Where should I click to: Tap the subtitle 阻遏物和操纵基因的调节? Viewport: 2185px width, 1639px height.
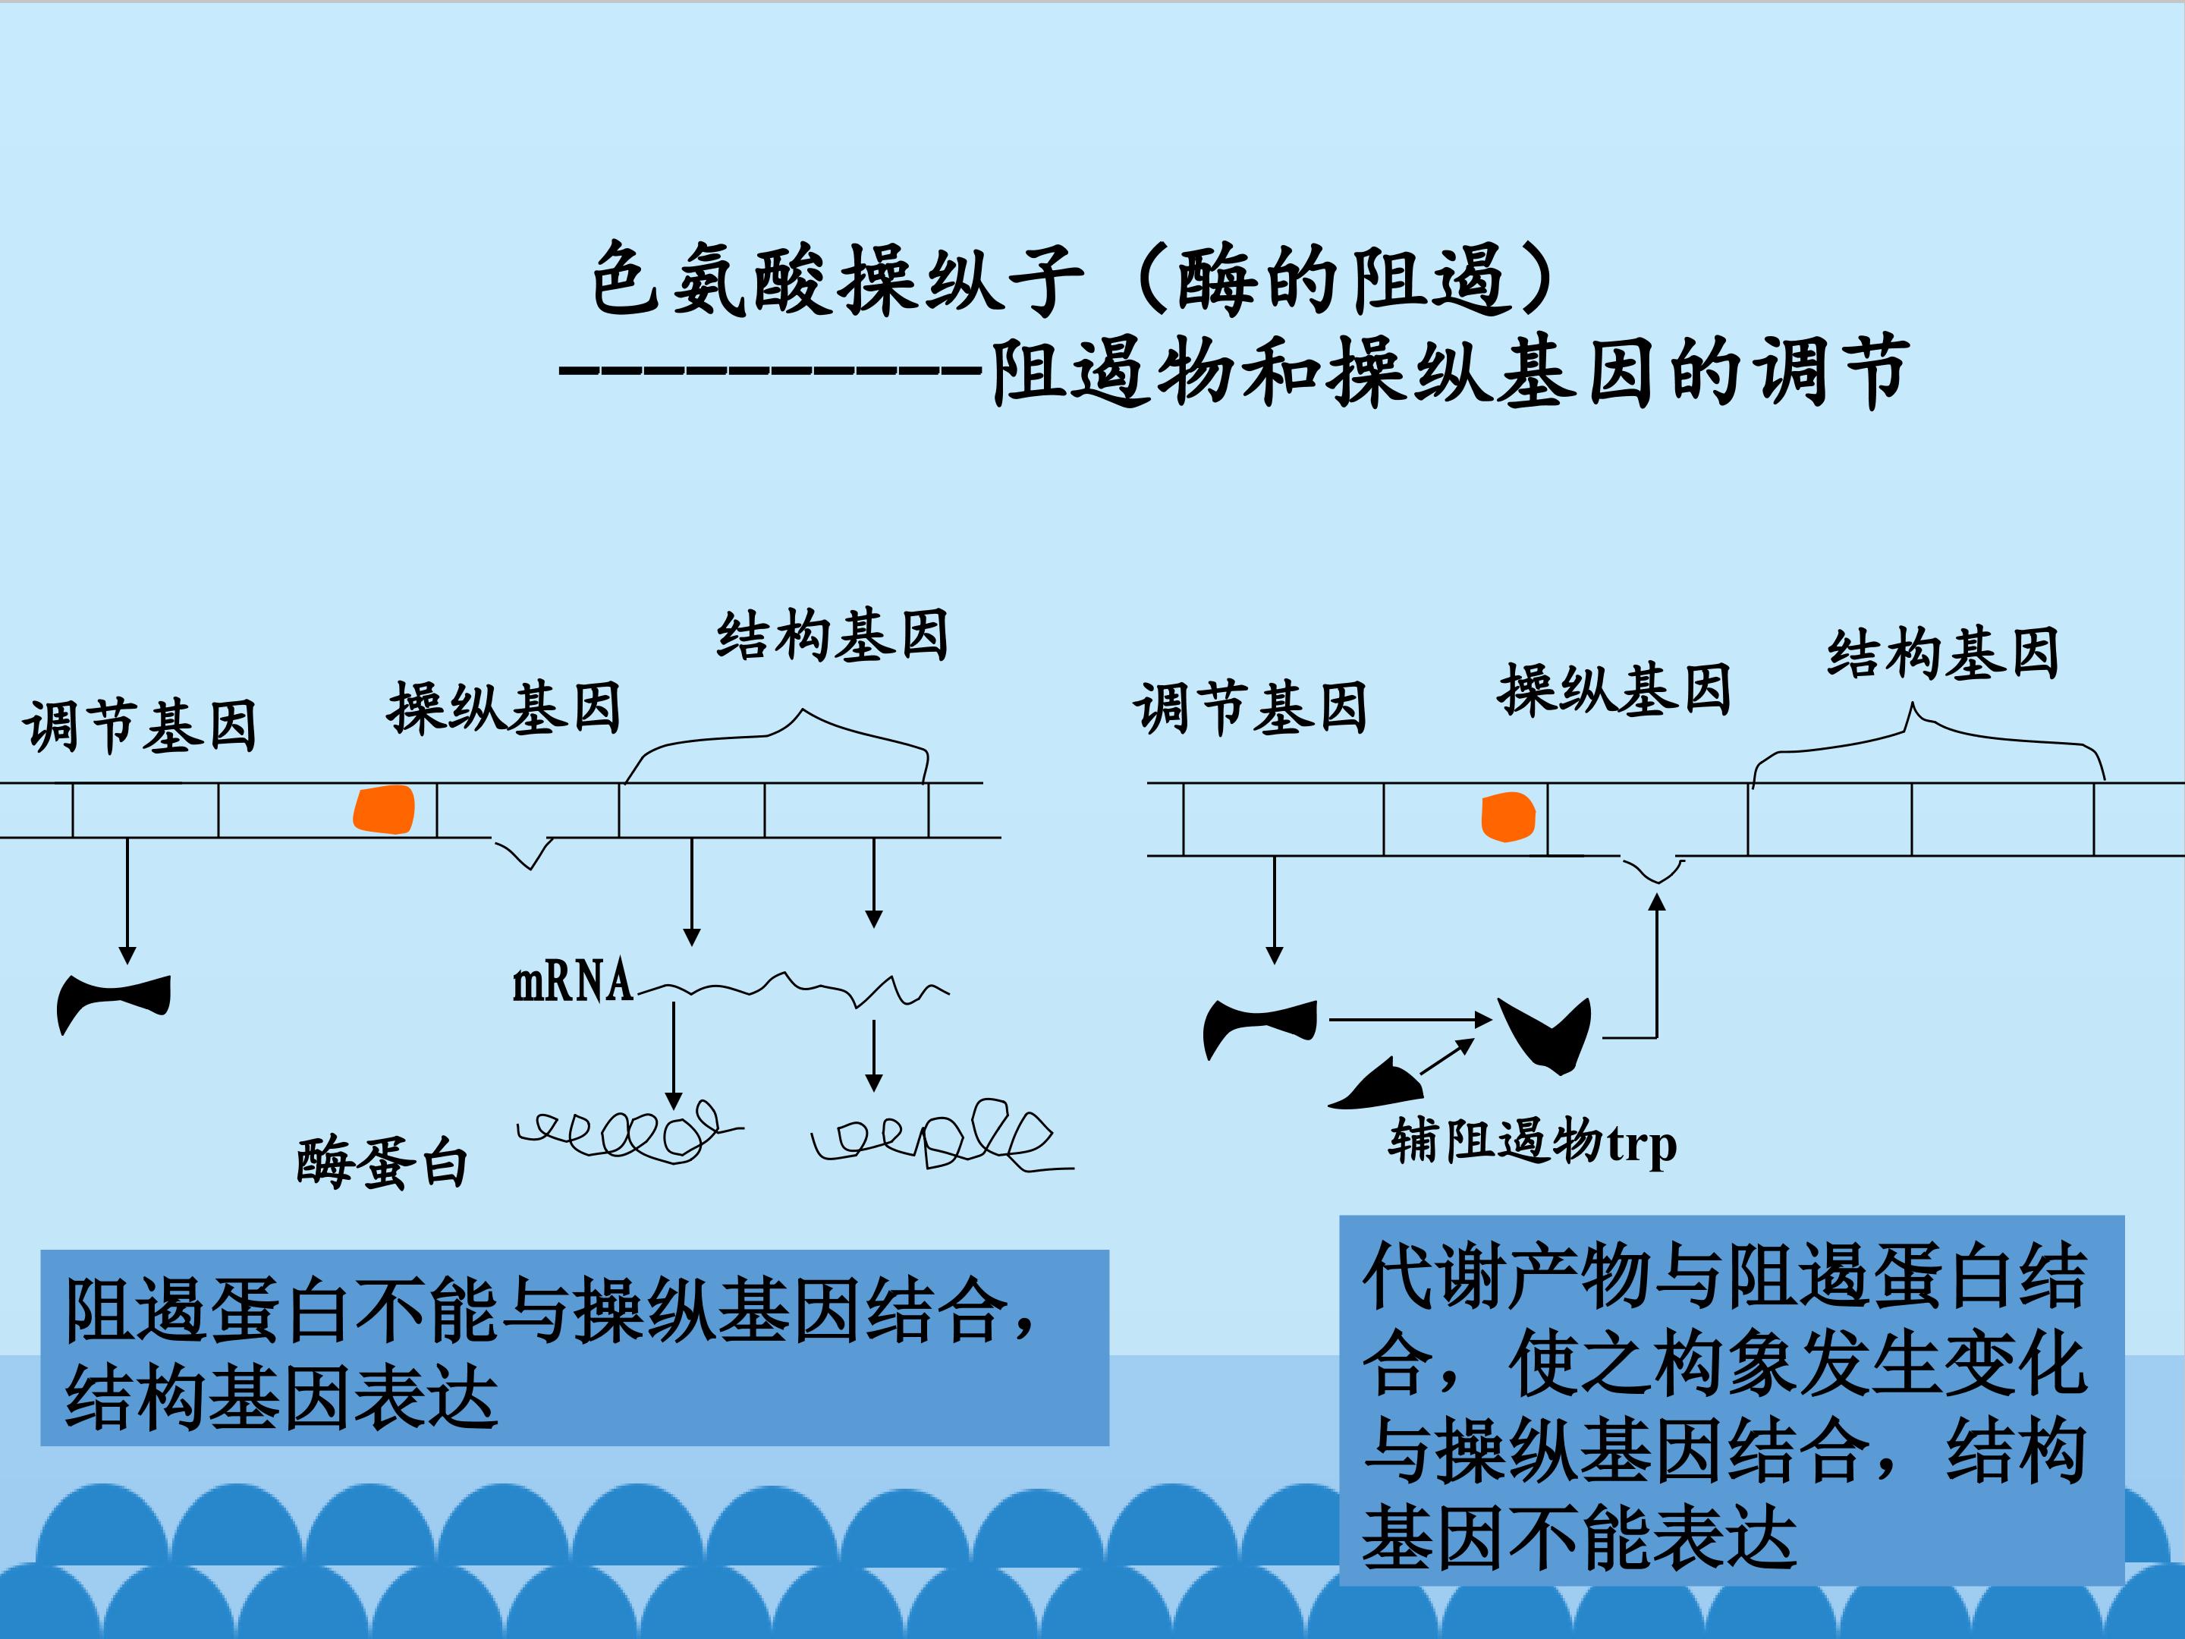1449,372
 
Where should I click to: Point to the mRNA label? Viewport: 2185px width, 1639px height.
573,982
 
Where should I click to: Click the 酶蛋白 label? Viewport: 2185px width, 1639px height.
382,1162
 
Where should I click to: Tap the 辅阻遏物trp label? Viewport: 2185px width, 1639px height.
1532,1143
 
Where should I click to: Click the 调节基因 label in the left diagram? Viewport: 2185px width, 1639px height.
140,726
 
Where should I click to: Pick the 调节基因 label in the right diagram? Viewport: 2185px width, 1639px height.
1250,709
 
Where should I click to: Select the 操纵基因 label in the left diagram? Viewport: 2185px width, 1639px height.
504,707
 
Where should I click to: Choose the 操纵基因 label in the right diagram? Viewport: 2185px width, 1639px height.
1615,690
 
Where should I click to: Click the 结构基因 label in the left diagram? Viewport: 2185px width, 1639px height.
833,635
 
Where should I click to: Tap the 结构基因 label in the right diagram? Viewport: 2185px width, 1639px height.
1943,654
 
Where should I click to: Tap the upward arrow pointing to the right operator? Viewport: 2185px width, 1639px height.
1656,964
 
